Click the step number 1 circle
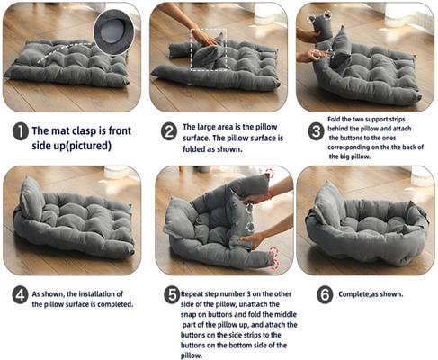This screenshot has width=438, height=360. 19,132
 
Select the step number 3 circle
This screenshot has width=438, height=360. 316,131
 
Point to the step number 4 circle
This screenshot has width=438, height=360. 19,293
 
